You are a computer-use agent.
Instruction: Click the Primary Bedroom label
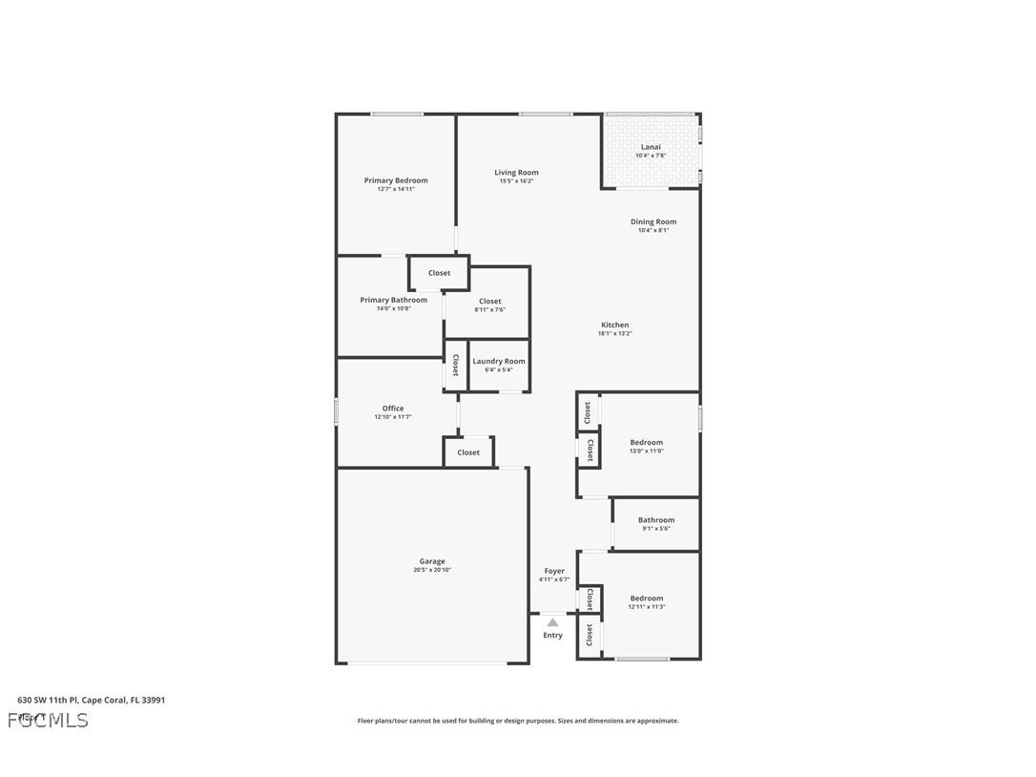tap(396, 180)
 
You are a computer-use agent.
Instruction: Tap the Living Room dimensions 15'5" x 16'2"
tap(516, 181)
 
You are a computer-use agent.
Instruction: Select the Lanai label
tap(651, 147)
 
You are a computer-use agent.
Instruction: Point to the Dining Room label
tap(653, 221)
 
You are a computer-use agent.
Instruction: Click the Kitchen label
tap(614, 325)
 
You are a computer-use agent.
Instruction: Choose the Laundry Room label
tap(499, 361)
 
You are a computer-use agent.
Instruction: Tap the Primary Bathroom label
tap(393, 300)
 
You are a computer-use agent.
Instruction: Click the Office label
tap(393, 409)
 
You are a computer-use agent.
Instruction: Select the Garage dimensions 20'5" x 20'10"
tap(432, 570)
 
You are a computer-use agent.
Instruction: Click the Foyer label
tap(554, 571)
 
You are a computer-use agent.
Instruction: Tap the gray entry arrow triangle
tap(552, 622)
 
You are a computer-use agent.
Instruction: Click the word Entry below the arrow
tap(553, 636)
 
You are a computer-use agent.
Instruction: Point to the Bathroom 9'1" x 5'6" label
tap(656, 520)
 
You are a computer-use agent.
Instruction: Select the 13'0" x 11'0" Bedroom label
tap(646, 443)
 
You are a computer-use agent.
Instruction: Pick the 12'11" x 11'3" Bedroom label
tap(646, 598)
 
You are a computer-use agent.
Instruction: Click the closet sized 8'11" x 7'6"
tap(489, 302)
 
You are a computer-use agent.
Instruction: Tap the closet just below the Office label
tap(468, 452)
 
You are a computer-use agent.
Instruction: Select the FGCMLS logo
tap(48, 720)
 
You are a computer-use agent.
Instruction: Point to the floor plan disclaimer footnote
tap(518, 721)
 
